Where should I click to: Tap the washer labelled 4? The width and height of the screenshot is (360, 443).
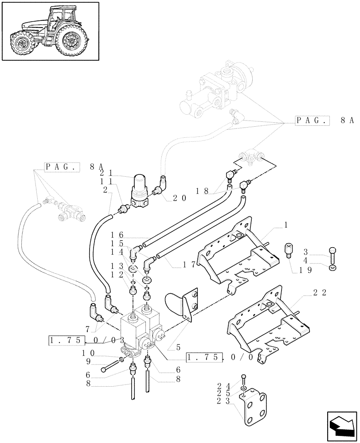(333, 268)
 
